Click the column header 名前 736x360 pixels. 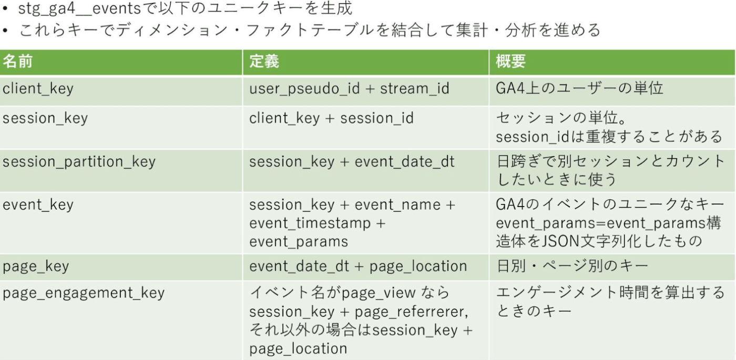pos(18,61)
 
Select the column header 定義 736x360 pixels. pos(264,61)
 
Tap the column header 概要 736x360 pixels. pos(510,61)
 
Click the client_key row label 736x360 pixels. pos(38,89)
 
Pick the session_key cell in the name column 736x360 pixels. pos(45,118)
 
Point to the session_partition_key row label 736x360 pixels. pos(79,162)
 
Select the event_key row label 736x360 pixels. pos(38,205)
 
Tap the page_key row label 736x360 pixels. pos(36,266)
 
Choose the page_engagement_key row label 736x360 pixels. pos(84,293)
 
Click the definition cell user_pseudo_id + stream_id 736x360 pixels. pos(349,89)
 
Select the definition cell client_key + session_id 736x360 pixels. pos(331,118)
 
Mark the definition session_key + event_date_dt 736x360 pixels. pos(352,162)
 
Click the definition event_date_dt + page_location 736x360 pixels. pos(358,266)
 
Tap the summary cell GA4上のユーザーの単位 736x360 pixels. pos(579,89)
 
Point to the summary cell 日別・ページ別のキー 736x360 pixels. pos(572,266)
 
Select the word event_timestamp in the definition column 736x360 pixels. pos(310,224)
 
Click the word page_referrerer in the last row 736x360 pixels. pos(410,312)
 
